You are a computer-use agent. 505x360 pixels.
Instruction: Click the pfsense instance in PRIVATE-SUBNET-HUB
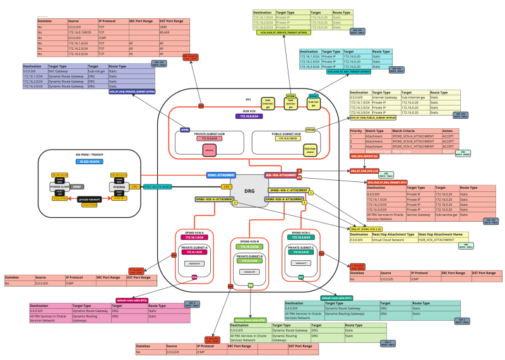[x=210, y=150]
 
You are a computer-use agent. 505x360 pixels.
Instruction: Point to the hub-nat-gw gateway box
[x=312, y=103]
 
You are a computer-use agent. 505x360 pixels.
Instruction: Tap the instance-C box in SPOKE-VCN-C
[x=300, y=263]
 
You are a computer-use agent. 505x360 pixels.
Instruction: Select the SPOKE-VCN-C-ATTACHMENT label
[x=289, y=189]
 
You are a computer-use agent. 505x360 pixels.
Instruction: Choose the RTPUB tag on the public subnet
[x=309, y=129]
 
